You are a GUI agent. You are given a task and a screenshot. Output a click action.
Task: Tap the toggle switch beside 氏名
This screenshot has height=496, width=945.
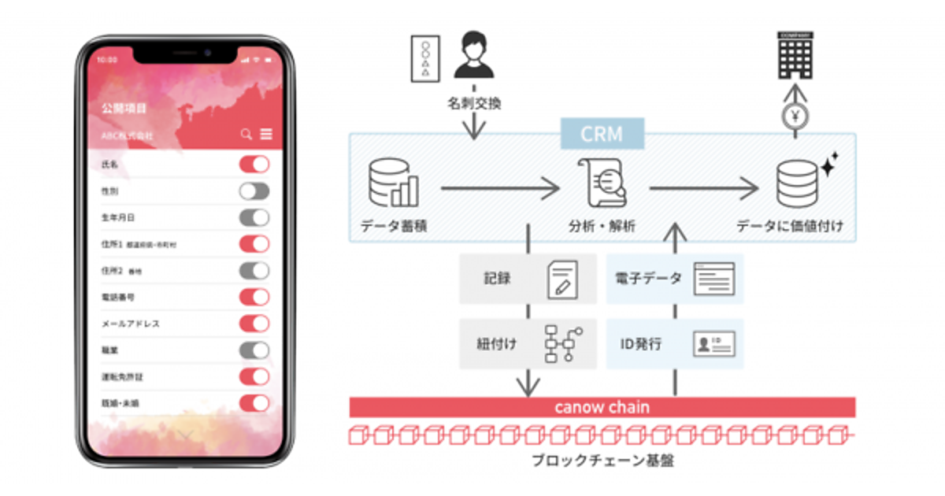pyautogui.click(x=254, y=165)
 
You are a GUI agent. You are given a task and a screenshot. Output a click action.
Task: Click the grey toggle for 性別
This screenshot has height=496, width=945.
pyautogui.click(x=254, y=191)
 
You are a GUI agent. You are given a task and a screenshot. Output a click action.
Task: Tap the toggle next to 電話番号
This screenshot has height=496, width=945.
pyautogui.click(x=254, y=297)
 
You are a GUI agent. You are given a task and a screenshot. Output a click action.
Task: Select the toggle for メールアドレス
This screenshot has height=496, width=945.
pyautogui.click(x=254, y=324)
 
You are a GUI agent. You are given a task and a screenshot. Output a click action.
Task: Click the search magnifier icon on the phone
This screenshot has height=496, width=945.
pyautogui.click(x=246, y=135)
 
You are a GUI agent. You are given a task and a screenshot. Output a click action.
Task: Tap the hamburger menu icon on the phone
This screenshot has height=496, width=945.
pyautogui.click(x=266, y=135)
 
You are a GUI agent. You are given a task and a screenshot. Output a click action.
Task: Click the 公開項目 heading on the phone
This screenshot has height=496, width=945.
pyautogui.click(x=124, y=108)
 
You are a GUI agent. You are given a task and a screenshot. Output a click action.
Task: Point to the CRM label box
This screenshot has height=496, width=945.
pyautogui.click(x=602, y=134)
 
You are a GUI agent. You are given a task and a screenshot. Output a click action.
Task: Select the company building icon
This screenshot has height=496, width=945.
pyautogui.click(x=795, y=55)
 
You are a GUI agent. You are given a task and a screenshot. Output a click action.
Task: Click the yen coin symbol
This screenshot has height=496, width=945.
pyautogui.click(x=795, y=116)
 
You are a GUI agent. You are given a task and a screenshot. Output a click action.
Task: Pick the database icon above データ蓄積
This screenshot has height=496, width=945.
pyautogui.click(x=393, y=183)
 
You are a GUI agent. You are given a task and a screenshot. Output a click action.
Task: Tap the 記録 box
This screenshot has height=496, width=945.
pyautogui.click(x=528, y=279)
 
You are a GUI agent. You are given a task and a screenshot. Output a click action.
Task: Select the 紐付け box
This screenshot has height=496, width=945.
pyautogui.click(x=528, y=344)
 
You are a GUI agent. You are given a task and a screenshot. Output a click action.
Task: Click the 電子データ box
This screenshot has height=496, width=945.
pyautogui.click(x=675, y=279)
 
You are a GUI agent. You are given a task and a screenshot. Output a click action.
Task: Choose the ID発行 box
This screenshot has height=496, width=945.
pyautogui.click(x=675, y=344)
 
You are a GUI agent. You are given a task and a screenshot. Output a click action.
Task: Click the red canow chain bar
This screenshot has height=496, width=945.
pyautogui.click(x=602, y=407)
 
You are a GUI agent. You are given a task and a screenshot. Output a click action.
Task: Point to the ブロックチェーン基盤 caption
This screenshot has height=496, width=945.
pyautogui.click(x=602, y=461)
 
